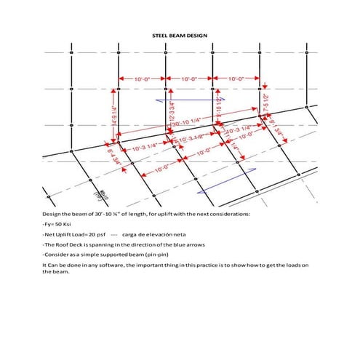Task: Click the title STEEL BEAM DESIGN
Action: (180, 34)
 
